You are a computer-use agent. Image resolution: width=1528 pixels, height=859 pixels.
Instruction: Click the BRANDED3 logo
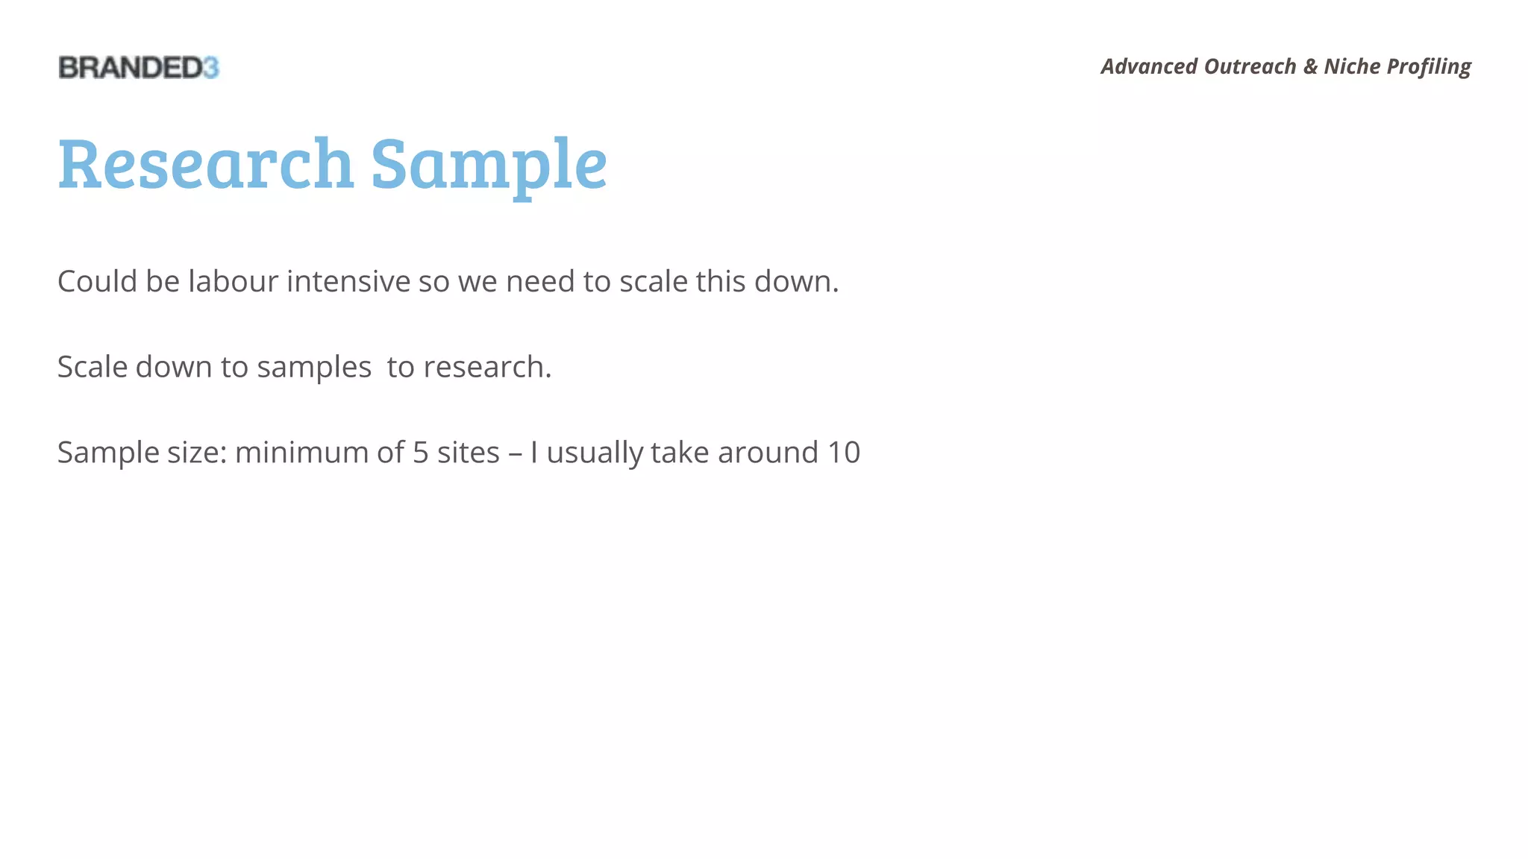coord(139,68)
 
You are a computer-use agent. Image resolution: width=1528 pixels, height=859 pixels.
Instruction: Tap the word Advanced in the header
coord(1149,66)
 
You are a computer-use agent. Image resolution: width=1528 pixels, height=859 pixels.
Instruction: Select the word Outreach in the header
coord(1250,66)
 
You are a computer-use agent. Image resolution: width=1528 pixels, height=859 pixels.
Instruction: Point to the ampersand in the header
coord(1310,66)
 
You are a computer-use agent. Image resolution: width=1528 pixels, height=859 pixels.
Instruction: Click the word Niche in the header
coord(1352,66)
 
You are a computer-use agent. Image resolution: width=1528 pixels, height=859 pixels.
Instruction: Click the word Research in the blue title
coord(205,163)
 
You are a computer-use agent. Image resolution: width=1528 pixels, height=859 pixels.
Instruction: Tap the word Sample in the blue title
coord(489,165)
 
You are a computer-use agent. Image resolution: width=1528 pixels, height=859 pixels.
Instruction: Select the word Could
coord(97,282)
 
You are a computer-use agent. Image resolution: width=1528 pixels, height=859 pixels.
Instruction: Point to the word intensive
coord(348,282)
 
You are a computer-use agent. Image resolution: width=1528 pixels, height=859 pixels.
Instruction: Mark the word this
coord(721,282)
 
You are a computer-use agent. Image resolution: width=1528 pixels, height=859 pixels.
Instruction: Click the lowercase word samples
coord(314,368)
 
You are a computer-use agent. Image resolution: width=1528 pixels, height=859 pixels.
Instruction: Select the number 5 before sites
coord(421,453)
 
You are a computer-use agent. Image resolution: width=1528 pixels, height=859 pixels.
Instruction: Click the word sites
coord(468,453)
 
